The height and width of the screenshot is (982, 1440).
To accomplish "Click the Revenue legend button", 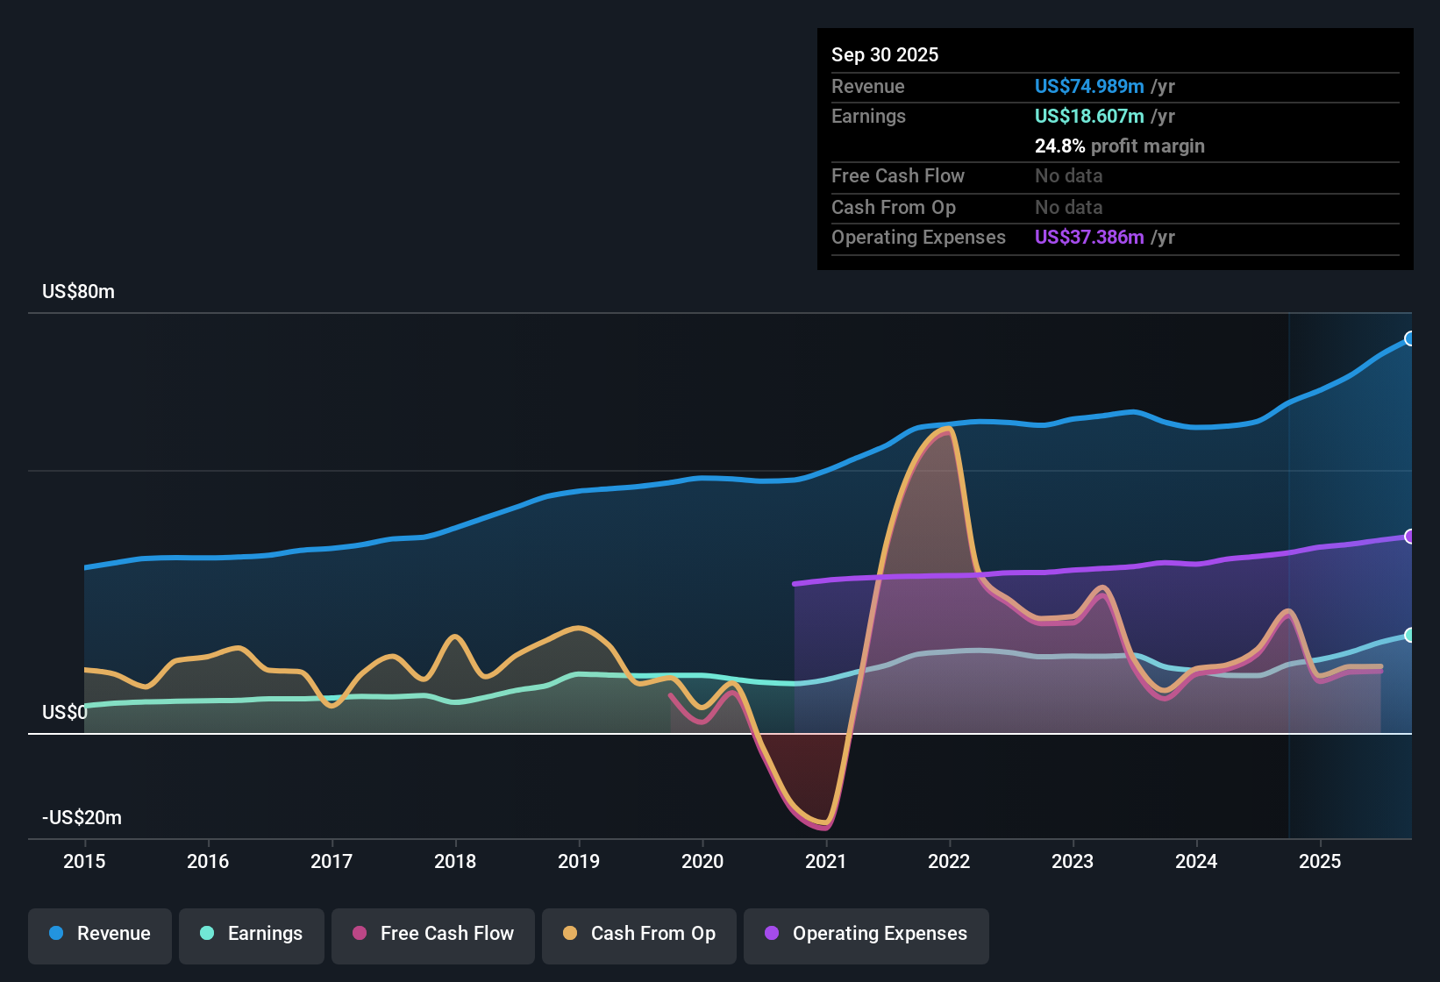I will click(x=100, y=934).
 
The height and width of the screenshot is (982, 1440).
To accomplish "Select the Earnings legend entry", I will click(x=252, y=934).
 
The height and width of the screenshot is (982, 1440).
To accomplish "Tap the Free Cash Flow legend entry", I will click(x=433, y=934).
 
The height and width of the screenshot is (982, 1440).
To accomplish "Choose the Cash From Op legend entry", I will click(x=639, y=934).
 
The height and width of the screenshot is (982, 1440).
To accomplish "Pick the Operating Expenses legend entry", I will click(x=866, y=934).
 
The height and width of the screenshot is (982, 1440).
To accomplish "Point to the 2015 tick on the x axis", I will click(x=84, y=861).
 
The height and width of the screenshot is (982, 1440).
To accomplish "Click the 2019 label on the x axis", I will click(x=579, y=861).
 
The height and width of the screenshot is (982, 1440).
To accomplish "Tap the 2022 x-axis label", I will click(x=949, y=861).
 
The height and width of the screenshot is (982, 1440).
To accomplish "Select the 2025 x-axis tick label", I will click(x=1320, y=861).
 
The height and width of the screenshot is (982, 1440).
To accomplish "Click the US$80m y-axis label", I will click(x=78, y=292).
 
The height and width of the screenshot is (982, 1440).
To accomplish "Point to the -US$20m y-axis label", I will click(x=82, y=818).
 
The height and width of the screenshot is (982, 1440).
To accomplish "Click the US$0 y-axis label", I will click(x=65, y=713).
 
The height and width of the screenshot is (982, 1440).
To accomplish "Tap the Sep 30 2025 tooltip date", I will click(x=885, y=55).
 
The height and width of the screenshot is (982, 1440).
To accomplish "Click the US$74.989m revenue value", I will click(x=1089, y=87).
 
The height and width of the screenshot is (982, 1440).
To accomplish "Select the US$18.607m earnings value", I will click(x=1089, y=117).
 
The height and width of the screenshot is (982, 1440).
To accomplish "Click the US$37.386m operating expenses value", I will click(x=1089, y=238).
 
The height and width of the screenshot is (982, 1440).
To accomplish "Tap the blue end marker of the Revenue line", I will click(x=1410, y=338).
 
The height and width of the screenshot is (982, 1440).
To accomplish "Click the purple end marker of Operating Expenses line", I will click(x=1410, y=537).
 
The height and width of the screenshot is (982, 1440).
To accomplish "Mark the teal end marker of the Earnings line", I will click(x=1410, y=635).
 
